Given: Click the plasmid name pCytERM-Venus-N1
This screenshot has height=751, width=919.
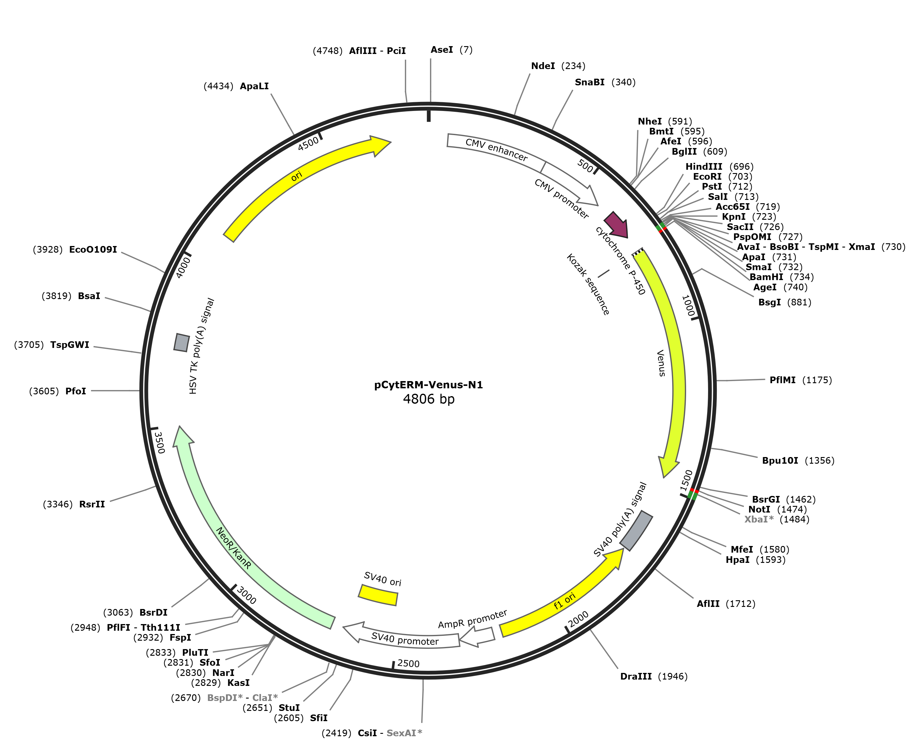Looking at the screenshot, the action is pos(428,385).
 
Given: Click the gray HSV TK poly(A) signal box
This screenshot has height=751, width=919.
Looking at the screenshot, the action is pos(182,342).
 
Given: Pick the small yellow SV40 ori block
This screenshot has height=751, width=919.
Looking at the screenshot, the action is pos(378,595).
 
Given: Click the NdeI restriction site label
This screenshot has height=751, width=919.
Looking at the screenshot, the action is pos(543,66).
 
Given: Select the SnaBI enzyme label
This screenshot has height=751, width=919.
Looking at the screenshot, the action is pos(590,82).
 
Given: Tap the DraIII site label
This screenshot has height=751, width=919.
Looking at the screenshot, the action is pos(636,676).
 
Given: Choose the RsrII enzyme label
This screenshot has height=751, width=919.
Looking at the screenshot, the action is pos(92,504).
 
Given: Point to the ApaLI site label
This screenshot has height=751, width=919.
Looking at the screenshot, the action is pos(254,86).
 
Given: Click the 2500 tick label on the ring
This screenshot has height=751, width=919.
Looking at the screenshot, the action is pos(409,664).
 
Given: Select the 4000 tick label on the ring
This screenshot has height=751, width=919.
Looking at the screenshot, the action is pos(183,267).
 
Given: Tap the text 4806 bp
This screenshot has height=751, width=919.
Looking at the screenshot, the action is pos(429,399).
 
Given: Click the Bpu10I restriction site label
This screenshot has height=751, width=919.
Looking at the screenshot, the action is pos(780,460).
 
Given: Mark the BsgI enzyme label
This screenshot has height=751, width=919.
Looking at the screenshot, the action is pos(770,302).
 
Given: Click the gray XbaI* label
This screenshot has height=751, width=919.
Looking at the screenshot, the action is pos(759,519).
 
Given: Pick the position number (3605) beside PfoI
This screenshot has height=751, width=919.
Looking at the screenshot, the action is pos(44,391).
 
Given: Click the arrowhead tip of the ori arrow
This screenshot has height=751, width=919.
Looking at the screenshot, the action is pos(391,141).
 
